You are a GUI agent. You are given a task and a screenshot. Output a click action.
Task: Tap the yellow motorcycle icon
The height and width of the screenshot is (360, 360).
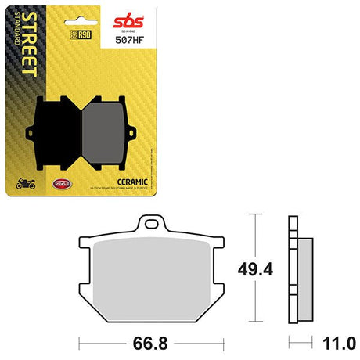[x=27, y=185]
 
